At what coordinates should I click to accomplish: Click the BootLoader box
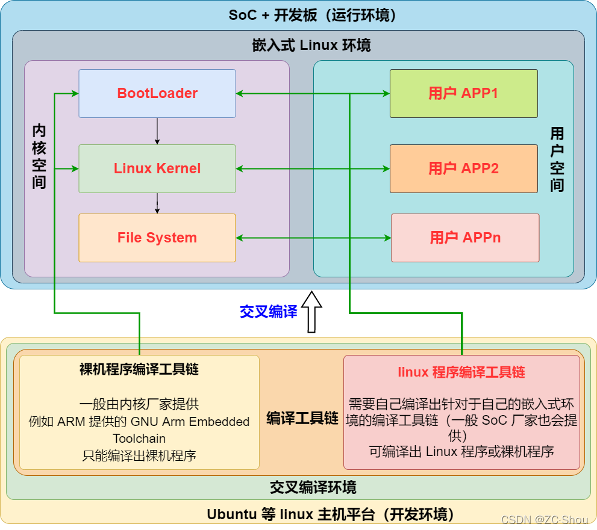157,93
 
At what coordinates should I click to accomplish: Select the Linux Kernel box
157,168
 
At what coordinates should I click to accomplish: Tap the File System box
157,238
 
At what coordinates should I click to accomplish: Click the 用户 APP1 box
463,93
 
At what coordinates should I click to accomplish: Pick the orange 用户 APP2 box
463,168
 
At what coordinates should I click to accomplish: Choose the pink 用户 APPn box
465,238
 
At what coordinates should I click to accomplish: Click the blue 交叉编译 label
269,312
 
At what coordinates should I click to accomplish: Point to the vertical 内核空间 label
39,156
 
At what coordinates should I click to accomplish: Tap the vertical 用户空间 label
557,159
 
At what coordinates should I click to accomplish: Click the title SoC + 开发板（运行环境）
312,15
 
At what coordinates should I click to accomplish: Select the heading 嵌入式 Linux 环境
311,45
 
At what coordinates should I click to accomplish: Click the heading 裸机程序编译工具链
139,369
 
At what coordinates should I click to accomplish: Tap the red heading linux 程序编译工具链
461,372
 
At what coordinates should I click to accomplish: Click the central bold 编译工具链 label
302,419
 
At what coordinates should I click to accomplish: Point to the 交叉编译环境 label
313,487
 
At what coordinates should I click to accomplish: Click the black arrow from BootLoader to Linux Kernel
157,131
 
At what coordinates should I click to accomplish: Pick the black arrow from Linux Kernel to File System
157,203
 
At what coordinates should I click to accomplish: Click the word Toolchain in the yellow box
139,439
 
